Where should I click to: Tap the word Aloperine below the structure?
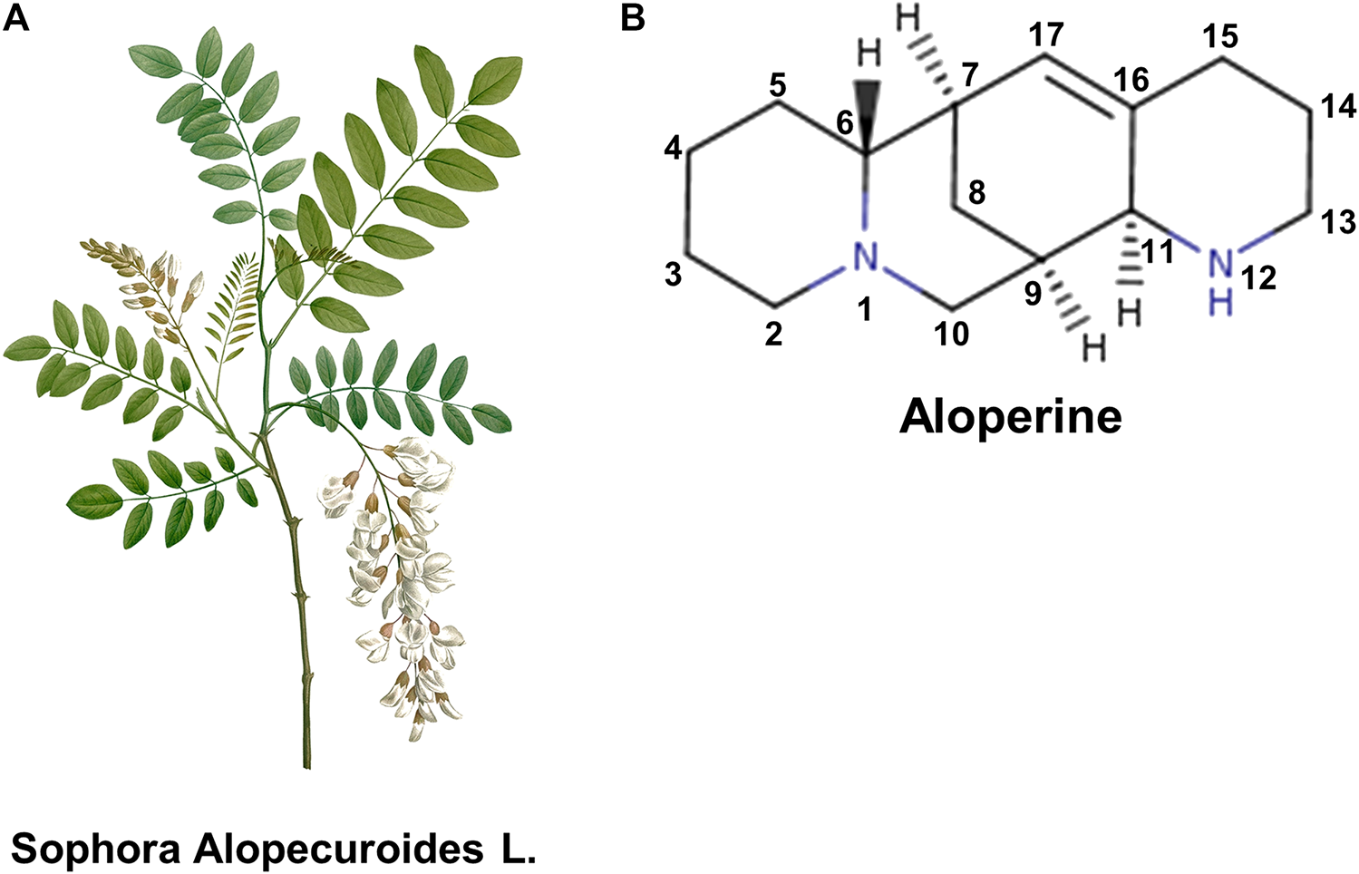1010,418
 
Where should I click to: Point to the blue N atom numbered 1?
867,257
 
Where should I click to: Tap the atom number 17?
1045,36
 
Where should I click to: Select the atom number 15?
1220,36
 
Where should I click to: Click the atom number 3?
673,274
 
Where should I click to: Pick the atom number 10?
952,334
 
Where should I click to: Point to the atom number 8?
976,191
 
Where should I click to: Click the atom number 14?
1338,106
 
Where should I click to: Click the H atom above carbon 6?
869,53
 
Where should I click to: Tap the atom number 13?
1338,221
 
